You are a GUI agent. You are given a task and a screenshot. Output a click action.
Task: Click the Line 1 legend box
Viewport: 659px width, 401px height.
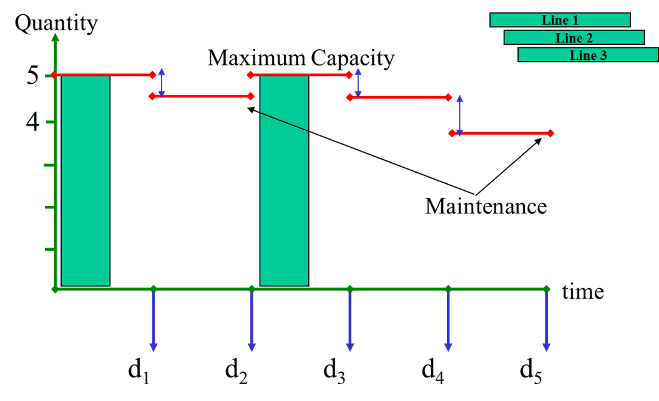(560, 20)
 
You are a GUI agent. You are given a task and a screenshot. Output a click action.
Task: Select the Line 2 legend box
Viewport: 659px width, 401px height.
(574, 37)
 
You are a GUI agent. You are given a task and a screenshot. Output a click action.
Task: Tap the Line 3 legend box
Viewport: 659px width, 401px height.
(588, 55)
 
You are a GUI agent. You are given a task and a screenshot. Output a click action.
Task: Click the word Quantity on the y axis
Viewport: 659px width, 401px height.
(56, 24)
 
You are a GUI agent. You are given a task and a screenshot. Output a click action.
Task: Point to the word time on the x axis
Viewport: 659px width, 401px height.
(583, 291)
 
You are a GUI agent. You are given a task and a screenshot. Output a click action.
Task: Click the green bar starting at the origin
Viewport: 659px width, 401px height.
(85, 181)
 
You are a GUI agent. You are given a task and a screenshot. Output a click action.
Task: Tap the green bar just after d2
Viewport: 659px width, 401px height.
(284, 181)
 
